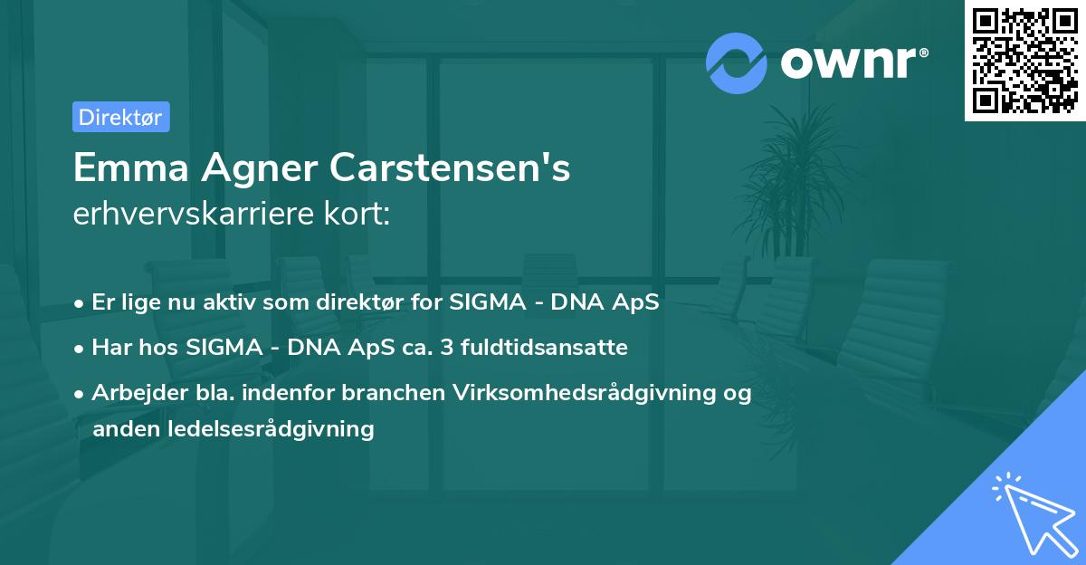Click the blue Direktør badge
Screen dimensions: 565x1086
[120, 118]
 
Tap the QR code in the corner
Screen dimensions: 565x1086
[1024, 61]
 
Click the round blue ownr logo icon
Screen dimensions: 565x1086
[737, 62]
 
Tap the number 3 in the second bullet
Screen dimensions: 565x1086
[449, 347]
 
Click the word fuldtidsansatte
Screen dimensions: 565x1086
[545, 347]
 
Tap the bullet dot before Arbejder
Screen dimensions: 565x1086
[81, 394]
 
